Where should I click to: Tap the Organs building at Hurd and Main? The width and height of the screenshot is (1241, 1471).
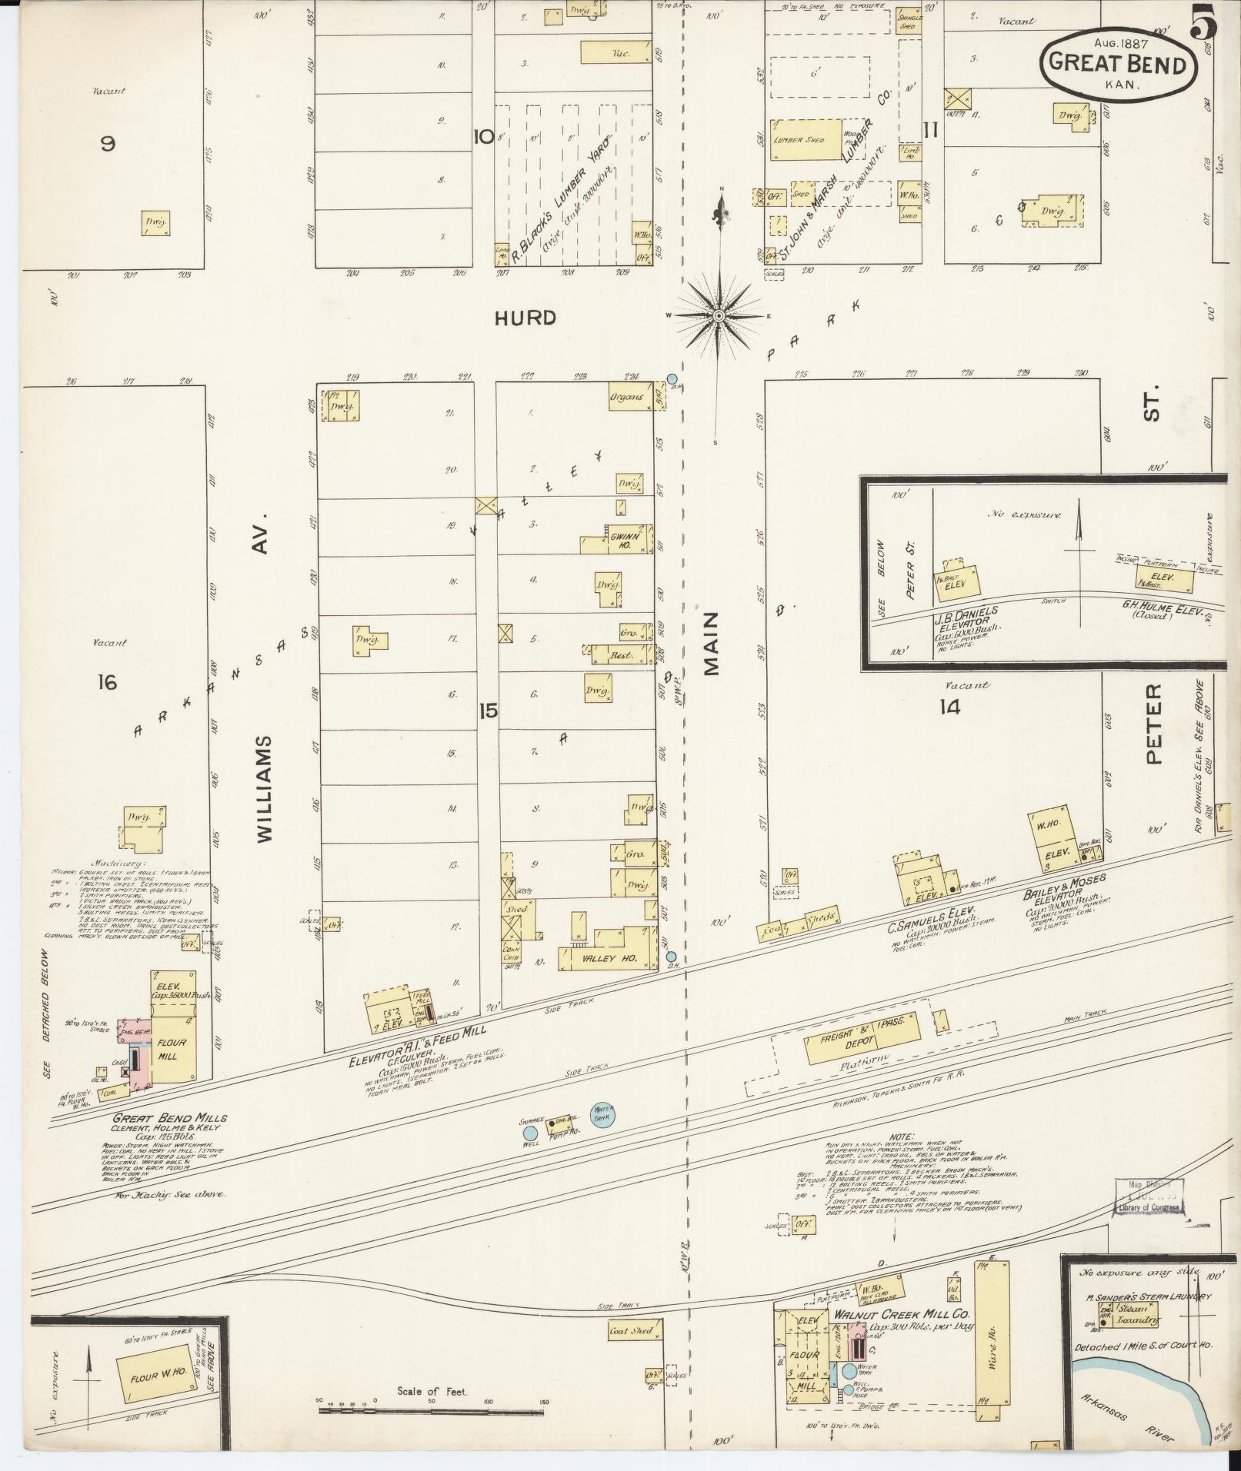point(630,398)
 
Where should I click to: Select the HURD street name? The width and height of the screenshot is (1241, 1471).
point(525,318)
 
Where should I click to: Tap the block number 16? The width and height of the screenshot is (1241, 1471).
point(107,681)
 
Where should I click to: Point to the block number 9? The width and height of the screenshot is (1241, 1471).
point(108,142)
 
